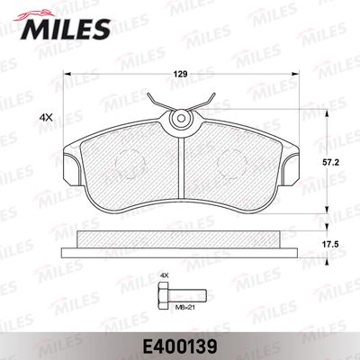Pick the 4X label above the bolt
pyautogui.click(x=164, y=274)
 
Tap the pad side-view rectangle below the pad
pyautogui.click(x=180, y=239)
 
